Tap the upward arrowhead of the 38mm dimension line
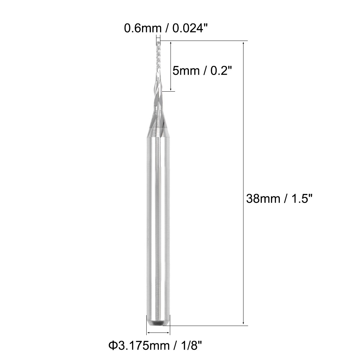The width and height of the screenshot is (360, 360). tap(243, 43)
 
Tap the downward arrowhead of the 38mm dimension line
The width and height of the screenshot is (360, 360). tap(243, 323)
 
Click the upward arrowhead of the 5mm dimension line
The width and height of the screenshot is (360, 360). tap(171, 43)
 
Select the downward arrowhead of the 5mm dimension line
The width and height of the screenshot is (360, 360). tap(171, 89)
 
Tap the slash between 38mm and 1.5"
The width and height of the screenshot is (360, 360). tap(284, 199)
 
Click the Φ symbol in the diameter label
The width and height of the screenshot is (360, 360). tap(112, 345)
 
